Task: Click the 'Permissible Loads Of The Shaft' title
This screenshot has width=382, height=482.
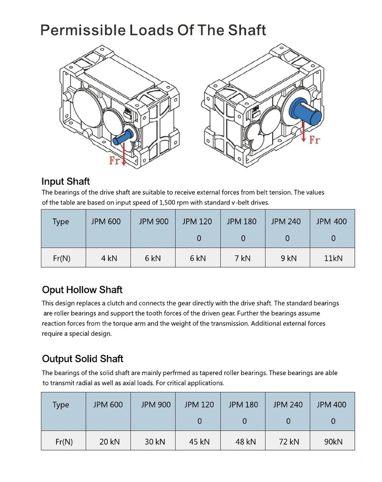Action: [153, 30]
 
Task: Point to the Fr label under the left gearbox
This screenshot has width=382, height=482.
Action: [115, 161]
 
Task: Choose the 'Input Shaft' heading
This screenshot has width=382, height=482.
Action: [66, 182]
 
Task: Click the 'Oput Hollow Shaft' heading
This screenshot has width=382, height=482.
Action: [82, 290]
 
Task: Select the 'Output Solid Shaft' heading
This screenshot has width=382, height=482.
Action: [82, 359]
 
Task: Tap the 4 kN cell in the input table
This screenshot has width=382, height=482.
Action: [108, 258]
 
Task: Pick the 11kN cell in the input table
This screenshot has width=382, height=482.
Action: [332, 258]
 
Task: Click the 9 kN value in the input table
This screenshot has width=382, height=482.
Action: [288, 258]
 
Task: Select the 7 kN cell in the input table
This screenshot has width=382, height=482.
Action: [242, 258]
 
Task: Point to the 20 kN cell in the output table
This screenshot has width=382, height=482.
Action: [110, 442]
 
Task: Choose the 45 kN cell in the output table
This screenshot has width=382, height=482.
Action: [200, 442]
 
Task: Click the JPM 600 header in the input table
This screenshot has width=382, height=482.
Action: [106, 222]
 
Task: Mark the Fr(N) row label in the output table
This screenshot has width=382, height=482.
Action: [64, 442]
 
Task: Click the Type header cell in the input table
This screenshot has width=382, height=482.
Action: [61, 222]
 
